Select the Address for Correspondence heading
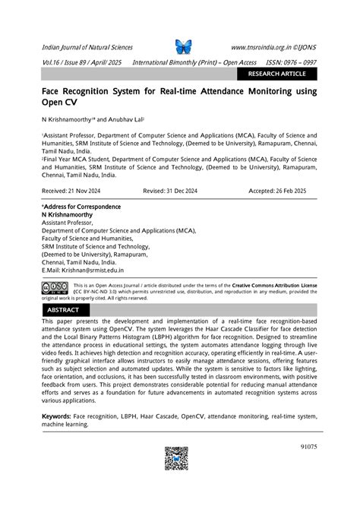coord(81,207)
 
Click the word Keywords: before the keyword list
coord(56,416)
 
